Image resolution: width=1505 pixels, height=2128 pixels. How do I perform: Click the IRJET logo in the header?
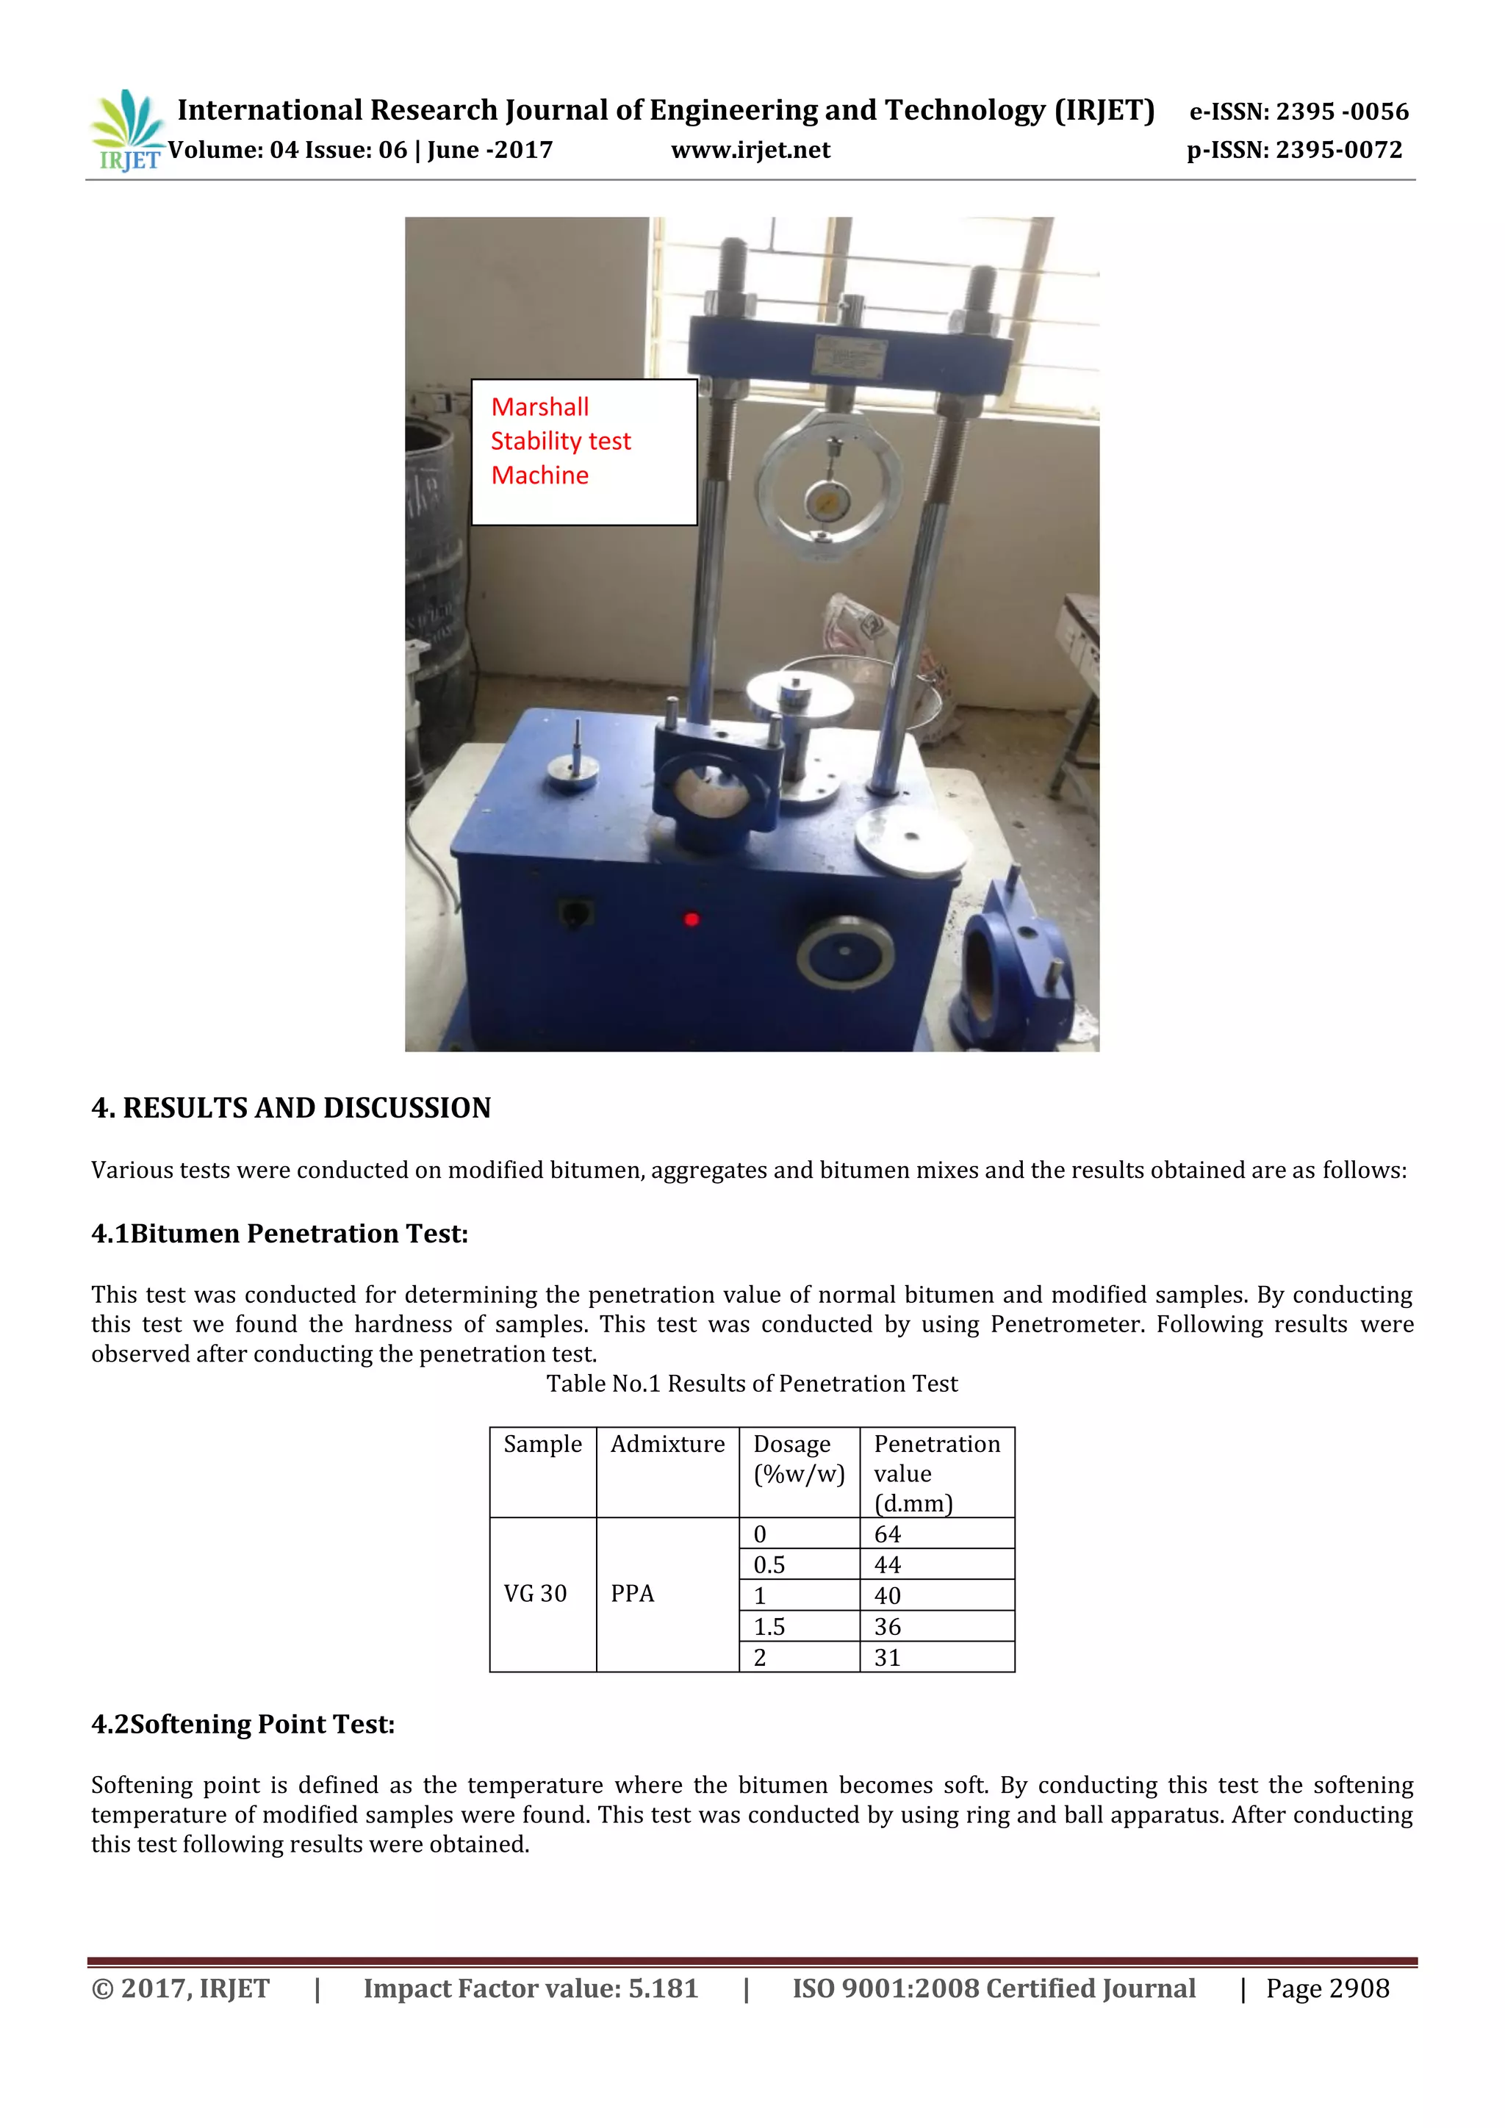(126, 130)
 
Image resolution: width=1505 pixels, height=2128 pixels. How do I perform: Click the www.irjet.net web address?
(750, 150)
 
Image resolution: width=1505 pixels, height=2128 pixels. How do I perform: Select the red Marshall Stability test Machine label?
(561, 441)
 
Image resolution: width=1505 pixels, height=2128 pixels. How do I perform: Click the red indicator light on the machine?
(692, 919)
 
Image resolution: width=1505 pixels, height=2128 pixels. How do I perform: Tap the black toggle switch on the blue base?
(575, 913)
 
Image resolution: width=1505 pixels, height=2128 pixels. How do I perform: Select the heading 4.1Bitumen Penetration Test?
(280, 1234)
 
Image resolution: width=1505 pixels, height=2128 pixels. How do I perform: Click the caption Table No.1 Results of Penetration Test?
(752, 1384)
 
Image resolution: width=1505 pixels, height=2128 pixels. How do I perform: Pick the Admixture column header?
(667, 1444)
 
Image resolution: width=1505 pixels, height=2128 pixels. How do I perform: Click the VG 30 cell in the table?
(536, 1593)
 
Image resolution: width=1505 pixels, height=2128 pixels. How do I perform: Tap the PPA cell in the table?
(632, 1593)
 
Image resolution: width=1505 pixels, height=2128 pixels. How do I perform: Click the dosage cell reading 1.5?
(769, 1627)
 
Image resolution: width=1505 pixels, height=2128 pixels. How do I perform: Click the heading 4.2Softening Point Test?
(243, 1724)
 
